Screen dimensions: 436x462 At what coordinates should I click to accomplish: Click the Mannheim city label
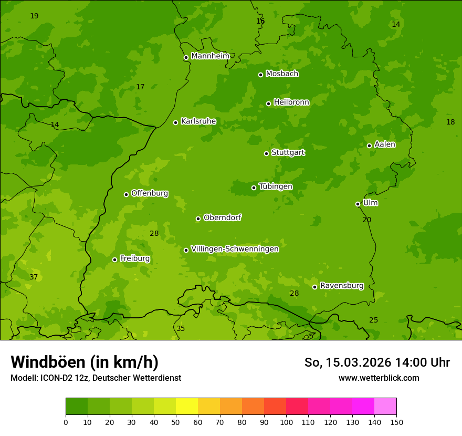210,56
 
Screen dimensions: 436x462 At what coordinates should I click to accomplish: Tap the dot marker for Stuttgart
266,153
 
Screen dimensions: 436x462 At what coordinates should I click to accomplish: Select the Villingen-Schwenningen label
235,249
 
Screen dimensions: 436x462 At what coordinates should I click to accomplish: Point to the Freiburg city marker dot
114,259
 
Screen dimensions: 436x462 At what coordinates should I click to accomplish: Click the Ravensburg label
342,286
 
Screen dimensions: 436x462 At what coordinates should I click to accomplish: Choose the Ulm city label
370,203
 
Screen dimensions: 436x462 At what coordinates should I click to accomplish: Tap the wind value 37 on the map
34,277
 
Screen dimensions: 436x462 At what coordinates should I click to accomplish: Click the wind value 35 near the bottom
181,328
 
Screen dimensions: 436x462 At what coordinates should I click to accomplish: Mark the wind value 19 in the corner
34,16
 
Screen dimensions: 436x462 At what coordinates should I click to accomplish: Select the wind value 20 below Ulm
366,220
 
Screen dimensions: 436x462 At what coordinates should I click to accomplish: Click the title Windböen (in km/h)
85,362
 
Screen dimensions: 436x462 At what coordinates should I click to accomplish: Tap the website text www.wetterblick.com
379,378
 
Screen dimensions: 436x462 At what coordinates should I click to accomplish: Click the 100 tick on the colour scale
286,422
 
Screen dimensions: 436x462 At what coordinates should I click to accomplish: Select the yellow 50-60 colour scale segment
187,407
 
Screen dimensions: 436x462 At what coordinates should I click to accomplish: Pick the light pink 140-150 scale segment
385,407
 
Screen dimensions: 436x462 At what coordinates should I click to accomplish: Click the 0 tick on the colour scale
66,422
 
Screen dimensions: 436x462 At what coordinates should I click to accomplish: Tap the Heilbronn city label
291,102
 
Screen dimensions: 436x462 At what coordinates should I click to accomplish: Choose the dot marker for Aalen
369,146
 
